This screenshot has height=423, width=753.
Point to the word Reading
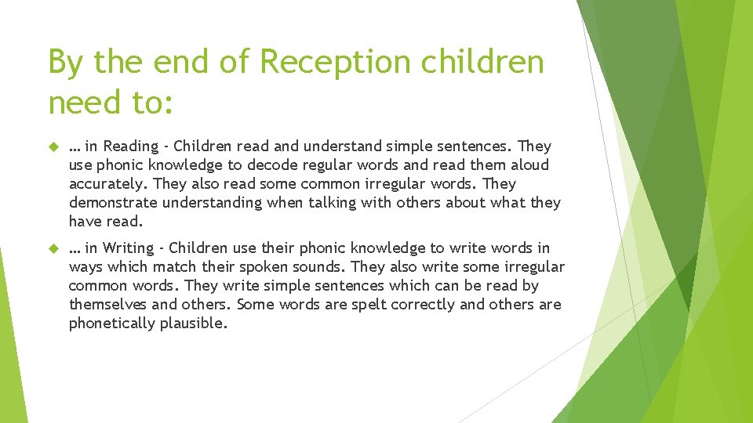coord(130,146)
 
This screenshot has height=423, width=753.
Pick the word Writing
coord(129,248)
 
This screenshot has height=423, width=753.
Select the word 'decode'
coord(272,165)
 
